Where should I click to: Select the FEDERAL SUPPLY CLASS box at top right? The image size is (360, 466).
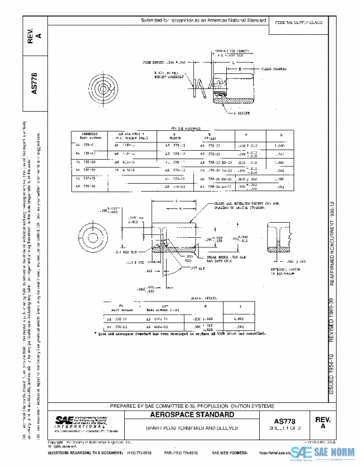pos(298,21)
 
